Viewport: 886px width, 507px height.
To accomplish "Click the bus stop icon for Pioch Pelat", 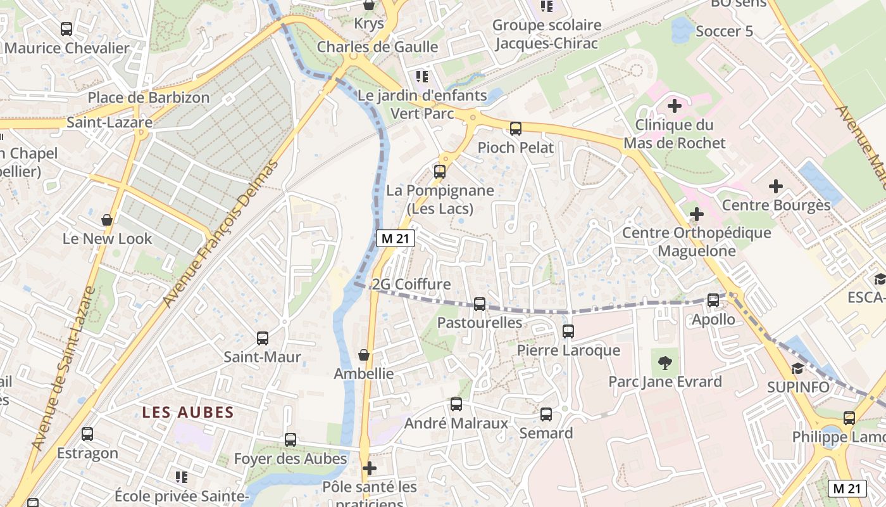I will coord(516,129).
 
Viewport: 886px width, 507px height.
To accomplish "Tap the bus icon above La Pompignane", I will coord(440,171).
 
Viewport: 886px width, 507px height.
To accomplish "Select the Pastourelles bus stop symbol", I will coord(480,304).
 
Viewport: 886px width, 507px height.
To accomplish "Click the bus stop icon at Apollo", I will coord(713,300).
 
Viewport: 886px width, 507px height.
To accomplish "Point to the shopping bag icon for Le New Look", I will coord(108,220).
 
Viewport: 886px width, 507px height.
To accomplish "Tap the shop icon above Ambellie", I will coord(364,355).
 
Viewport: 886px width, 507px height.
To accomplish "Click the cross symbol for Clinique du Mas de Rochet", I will coord(675,106).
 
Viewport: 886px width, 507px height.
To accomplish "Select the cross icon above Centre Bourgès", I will coord(776,186).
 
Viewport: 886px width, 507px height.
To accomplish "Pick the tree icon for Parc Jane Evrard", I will coord(664,363).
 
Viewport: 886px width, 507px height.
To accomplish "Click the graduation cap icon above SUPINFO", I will coord(797,368).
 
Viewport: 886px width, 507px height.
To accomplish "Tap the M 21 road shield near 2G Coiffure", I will coord(396,238).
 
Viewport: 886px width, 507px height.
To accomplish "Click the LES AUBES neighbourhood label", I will coord(188,413).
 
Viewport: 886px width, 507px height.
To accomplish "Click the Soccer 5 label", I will coord(724,31).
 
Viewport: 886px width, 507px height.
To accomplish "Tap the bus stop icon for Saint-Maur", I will coord(263,338).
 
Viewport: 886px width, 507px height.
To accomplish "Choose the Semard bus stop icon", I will coord(546,414).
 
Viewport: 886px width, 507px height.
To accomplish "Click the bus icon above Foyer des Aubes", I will coord(290,440).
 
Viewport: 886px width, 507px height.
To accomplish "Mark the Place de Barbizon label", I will coord(149,98).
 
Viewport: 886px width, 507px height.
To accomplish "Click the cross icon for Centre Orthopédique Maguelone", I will coord(697,214).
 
